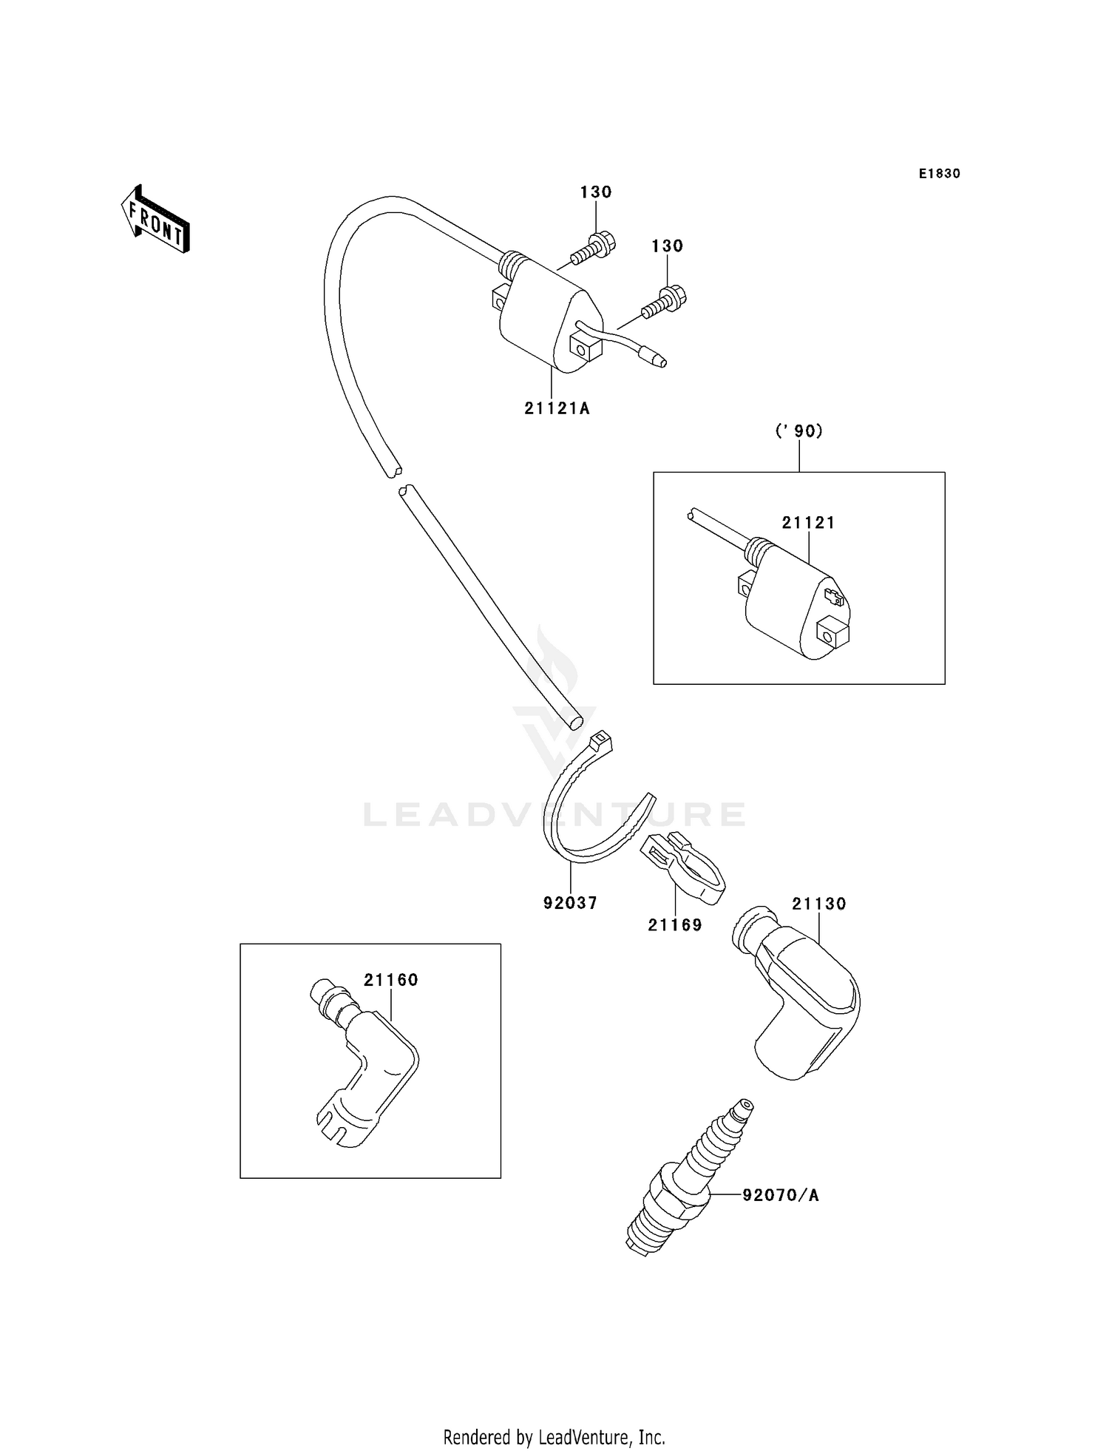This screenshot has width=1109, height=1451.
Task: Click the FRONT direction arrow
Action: click(x=156, y=220)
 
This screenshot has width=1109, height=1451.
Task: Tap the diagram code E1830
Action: click(x=939, y=174)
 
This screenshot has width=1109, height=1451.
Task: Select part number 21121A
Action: click(x=557, y=408)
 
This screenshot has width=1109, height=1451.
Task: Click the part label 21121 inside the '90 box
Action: click(x=808, y=523)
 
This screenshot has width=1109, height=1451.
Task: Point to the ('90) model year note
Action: click(x=798, y=431)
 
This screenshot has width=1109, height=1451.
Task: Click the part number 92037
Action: click(x=570, y=903)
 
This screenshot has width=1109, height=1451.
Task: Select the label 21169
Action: click(x=675, y=925)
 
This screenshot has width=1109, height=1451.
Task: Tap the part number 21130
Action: click(x=818, y=904)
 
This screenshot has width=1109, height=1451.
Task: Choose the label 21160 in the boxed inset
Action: click(x=390, y=980)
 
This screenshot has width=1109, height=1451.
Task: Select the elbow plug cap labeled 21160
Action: click(x=362, y=1065)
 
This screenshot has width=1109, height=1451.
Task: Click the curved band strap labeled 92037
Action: click(x=584, y=814)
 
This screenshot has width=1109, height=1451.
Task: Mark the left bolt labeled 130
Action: click(x=591, y=248)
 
